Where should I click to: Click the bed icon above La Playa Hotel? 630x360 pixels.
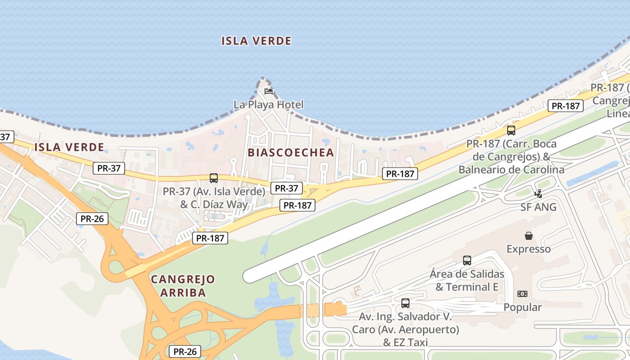(269, 91)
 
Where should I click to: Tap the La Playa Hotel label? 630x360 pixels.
(269, 105)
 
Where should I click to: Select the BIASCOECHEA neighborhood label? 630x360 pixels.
(291, 153)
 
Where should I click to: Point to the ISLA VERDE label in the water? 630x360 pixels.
(256, 41)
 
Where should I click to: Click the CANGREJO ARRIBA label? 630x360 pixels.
(183, 286)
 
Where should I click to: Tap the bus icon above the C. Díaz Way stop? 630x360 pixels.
(214, 178)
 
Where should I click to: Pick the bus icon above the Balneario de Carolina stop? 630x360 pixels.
(511, 130)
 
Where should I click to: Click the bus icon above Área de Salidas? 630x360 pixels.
(467, 260)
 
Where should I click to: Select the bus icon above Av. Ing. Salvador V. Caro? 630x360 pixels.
(405, 303)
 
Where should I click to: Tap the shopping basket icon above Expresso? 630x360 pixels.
(529, 236)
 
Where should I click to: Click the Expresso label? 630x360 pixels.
(529, 249)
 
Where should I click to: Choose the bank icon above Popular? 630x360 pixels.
(522, 294)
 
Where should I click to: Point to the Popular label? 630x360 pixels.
(522, 307)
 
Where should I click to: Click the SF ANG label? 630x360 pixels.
(539, 207)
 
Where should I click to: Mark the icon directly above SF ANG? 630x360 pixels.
(538, 194)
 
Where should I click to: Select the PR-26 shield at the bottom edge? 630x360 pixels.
(184, 352)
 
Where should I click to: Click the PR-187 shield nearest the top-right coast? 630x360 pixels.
(566, 106)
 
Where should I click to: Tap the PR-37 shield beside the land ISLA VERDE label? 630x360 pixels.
(108, 168)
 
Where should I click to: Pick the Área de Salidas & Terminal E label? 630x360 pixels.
(467, 280)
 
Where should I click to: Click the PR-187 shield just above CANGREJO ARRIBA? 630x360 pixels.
(210, 238)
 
